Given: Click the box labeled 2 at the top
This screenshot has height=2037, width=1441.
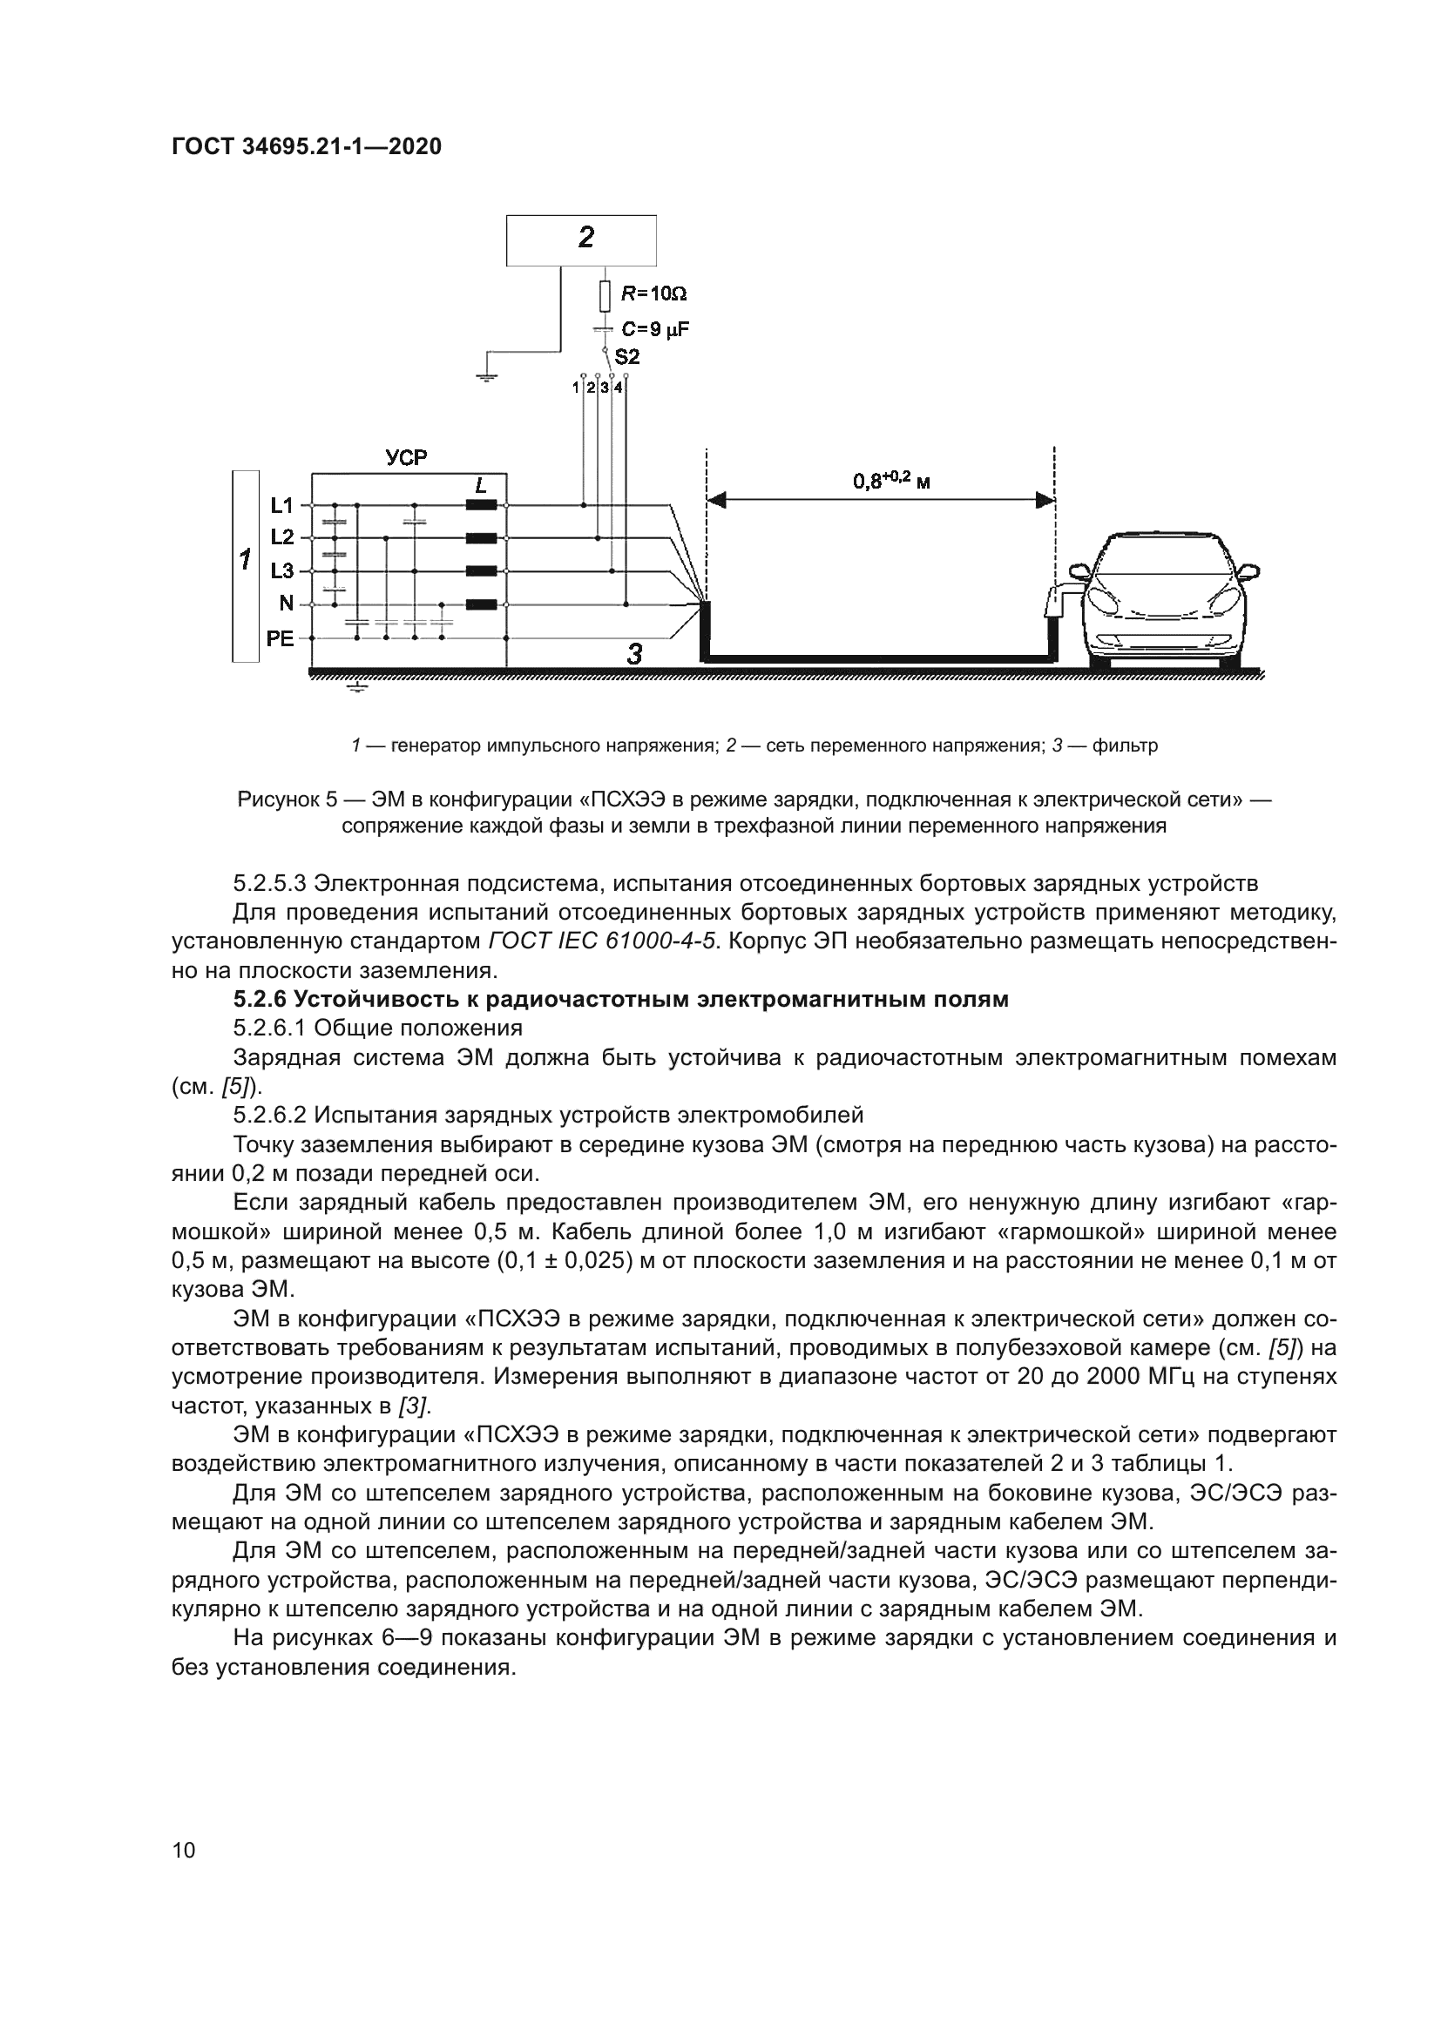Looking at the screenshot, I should point(581,239).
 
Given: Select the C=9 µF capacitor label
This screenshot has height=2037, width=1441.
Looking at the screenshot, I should point(654,329).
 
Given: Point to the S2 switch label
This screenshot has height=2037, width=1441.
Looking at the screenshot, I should point(626,357).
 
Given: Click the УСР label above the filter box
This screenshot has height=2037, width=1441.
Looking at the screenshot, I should point(406,458).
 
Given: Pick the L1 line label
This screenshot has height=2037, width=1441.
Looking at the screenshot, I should point(281,506).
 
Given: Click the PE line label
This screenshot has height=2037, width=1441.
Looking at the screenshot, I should point(280,637).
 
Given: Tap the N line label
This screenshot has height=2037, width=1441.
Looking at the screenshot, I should point(286,604).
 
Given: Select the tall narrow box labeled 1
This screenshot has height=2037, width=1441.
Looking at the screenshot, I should point(246,565).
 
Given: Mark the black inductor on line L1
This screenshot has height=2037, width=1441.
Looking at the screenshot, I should point(481,506).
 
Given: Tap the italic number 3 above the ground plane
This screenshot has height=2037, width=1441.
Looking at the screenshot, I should point(634,655).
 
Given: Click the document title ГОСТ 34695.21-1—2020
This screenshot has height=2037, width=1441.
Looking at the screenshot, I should point(306,146).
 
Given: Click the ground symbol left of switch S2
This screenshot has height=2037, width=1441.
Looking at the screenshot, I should point(486,376).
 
